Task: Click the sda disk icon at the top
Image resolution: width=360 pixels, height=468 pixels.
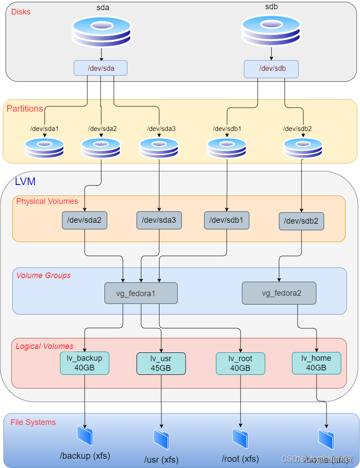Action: coord(101,32)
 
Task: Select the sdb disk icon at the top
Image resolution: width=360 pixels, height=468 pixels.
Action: coord(271,31)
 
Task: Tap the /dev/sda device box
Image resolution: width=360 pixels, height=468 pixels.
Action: coord(101,68)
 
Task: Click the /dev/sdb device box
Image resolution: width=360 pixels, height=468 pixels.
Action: coord(271,69)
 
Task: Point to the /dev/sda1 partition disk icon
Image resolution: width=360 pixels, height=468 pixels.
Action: coord(44,148)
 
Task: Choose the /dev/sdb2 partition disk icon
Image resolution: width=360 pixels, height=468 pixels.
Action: coord(302,148)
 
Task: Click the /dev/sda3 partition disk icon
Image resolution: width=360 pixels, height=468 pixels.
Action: coord(159,148)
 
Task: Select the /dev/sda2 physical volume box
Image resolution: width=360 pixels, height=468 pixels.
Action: coord(84,220)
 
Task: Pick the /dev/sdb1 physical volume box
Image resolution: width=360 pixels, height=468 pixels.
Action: coord(227,220)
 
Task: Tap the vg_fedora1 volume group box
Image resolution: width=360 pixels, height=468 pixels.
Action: coord(141,293)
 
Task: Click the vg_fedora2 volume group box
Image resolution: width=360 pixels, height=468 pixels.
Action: coord(279,293)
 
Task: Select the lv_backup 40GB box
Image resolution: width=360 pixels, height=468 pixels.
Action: coord(84,363)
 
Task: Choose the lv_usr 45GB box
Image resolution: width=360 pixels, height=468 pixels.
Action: coord(161,363)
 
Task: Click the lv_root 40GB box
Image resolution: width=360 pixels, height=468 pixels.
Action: coord(240,363)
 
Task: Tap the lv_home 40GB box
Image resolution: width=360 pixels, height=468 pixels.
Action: coord(316,363)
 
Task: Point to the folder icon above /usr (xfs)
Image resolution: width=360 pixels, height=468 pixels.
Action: coord(161,439)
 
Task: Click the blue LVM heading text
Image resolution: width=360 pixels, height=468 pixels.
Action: coord(25,181)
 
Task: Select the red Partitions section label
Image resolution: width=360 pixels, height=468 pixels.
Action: coord(25,109)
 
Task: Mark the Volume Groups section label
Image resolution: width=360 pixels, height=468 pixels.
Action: coord(43,276)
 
